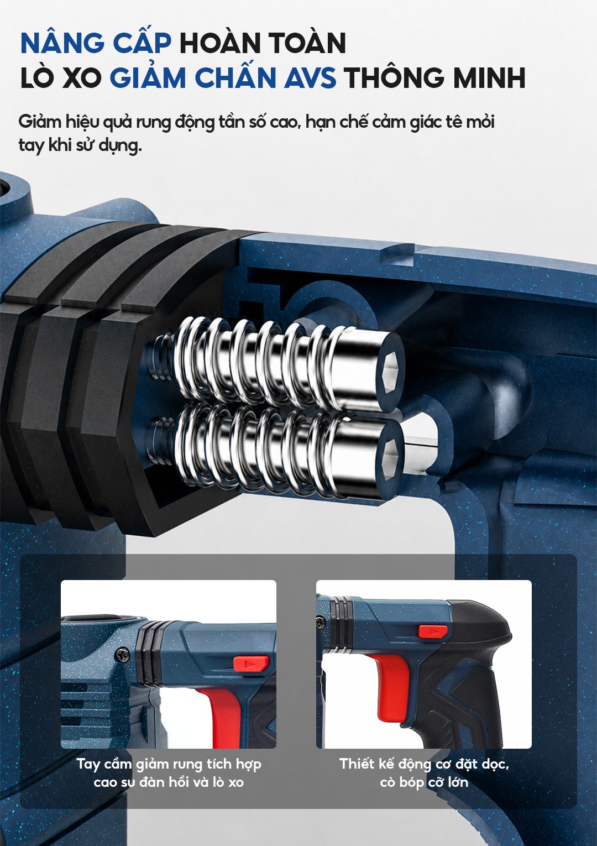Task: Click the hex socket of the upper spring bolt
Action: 390,371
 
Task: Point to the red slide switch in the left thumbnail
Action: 251,664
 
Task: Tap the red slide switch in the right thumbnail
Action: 433,631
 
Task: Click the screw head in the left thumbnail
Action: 122,655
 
